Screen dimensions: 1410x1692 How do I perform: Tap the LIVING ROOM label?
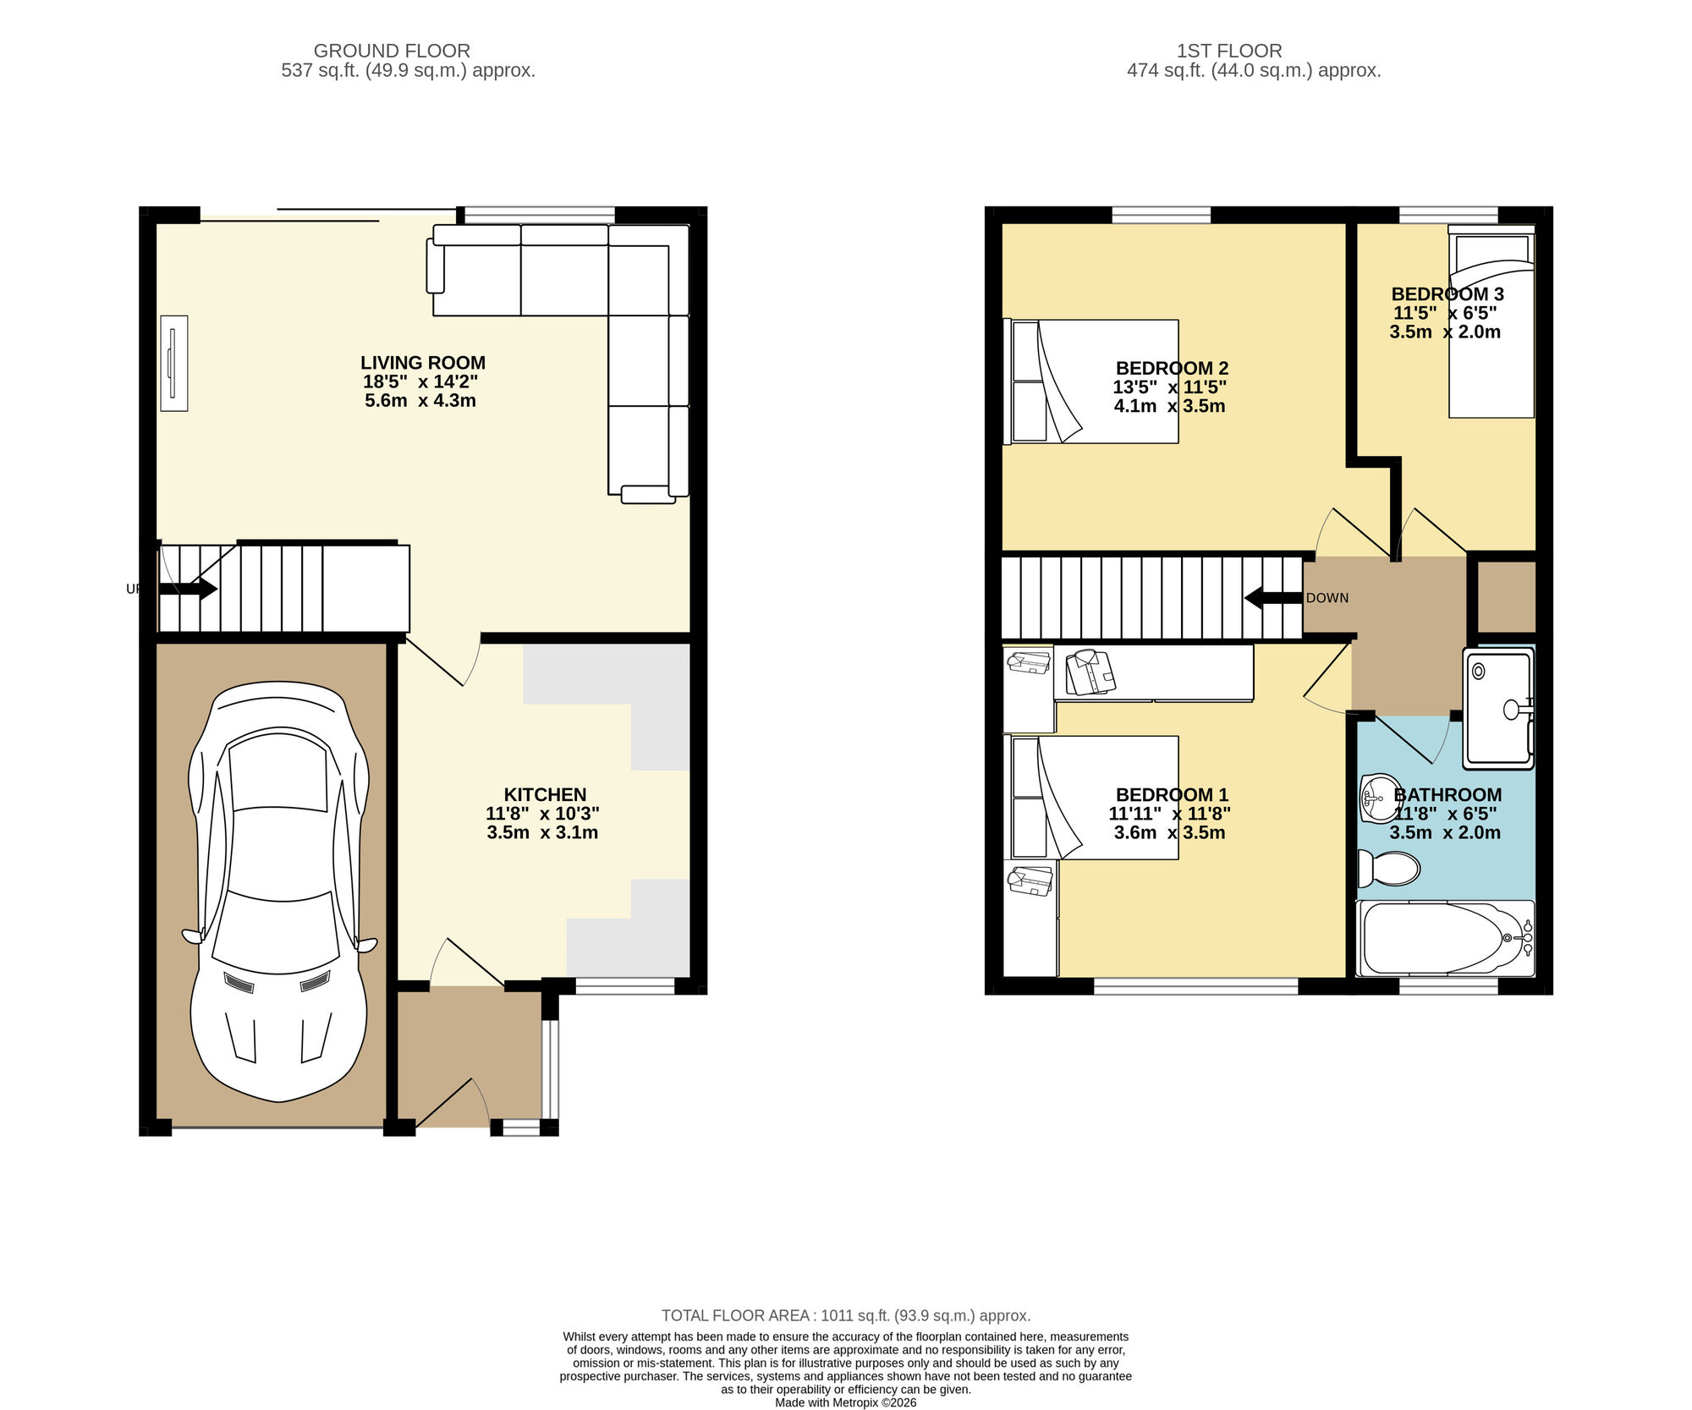coord(423,363)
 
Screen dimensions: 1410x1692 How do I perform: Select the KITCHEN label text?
coord(545,794)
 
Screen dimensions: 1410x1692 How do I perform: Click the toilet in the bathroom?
coord(1389,868)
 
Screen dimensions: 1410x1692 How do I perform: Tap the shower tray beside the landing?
coord(1497,709)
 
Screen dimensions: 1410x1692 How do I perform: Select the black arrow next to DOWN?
coord(1272,598)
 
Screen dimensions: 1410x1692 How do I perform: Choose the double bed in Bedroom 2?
coord(1091,381)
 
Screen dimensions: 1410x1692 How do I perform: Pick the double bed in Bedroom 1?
coord(1091,798)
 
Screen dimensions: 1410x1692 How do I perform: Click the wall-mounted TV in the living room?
coord(174,364)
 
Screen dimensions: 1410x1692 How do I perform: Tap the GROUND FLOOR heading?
coord(392,51)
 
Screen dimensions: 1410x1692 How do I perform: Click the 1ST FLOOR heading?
coord(1229,51)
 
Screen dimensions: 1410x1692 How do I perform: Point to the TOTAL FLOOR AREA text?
coord(846,1315)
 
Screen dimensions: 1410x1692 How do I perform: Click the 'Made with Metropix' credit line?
coord(846,1402)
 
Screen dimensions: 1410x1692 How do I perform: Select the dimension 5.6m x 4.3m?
coord(420,401)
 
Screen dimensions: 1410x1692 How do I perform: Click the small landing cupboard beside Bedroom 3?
coord(1506,597)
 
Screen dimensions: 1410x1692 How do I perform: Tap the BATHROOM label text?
coord(1448,795)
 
